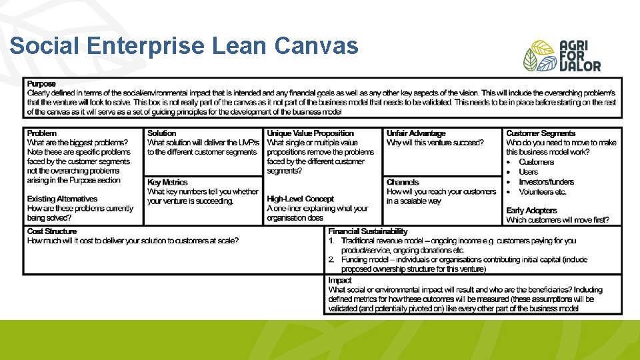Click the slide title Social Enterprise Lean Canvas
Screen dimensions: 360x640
184,46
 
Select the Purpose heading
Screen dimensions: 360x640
41,84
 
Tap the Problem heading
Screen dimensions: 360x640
42,133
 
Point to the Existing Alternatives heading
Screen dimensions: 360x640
62,199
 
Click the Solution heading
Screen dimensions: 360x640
161,133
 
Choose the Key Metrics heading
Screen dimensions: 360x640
167,182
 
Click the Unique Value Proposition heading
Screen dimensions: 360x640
311,133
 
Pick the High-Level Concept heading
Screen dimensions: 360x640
301,199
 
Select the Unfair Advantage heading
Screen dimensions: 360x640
416,133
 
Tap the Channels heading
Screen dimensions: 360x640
403,182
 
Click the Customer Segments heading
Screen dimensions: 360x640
540,133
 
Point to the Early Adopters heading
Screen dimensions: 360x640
531,211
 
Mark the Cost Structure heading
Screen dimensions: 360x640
52,231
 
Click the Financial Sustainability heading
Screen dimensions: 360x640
367,231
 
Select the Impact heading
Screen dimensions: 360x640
339,281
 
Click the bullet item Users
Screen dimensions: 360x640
528,171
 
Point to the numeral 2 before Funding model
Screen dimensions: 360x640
331,259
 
